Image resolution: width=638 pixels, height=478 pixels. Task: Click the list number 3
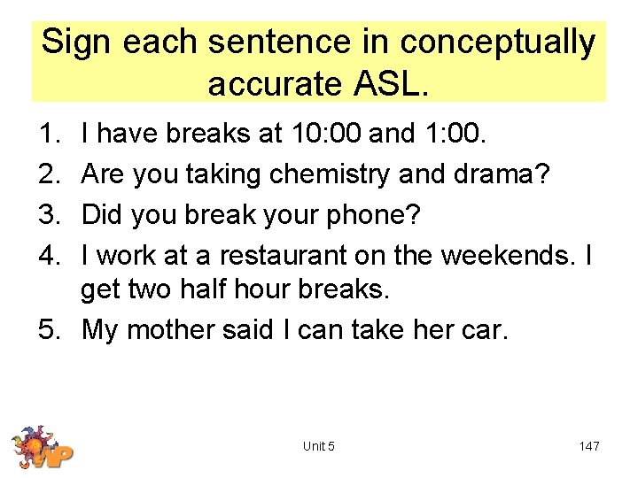tap(50, 215)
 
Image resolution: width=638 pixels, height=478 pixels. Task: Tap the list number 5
tap(50, 329)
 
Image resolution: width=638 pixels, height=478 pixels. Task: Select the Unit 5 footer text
tap(319, 446)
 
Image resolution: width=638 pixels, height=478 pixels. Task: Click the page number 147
tap(588, 446)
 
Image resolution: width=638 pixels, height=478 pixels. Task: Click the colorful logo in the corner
tap(42, 447)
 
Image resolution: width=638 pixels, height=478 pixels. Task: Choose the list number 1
tap(50, 134)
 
